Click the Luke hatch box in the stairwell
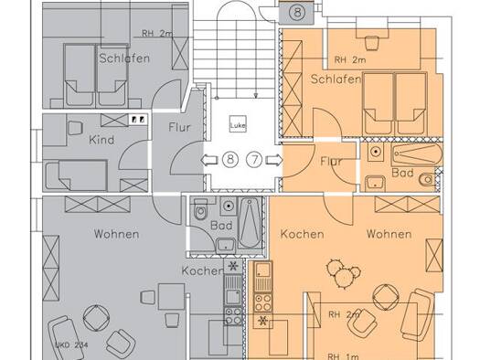click(238, 124)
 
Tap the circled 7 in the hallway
click(255, 159)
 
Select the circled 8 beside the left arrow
click(230, 159)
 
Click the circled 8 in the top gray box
click(297, 13)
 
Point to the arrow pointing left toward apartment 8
click(209, 160)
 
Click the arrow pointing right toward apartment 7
click(274, 160)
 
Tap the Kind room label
click(101, 140)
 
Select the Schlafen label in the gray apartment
click(124, 58)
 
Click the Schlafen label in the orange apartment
click(336, 79)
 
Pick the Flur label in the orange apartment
click(331, 161)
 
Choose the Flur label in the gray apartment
click(179, 127)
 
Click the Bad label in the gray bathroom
click(221, 226)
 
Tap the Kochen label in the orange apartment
click(302, 234)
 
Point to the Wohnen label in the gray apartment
click(117, 234)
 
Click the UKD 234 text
click(71, 345)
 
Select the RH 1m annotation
click(343, 356)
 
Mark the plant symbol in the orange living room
click(343, 274)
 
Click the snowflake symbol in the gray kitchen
click(233, 267)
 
